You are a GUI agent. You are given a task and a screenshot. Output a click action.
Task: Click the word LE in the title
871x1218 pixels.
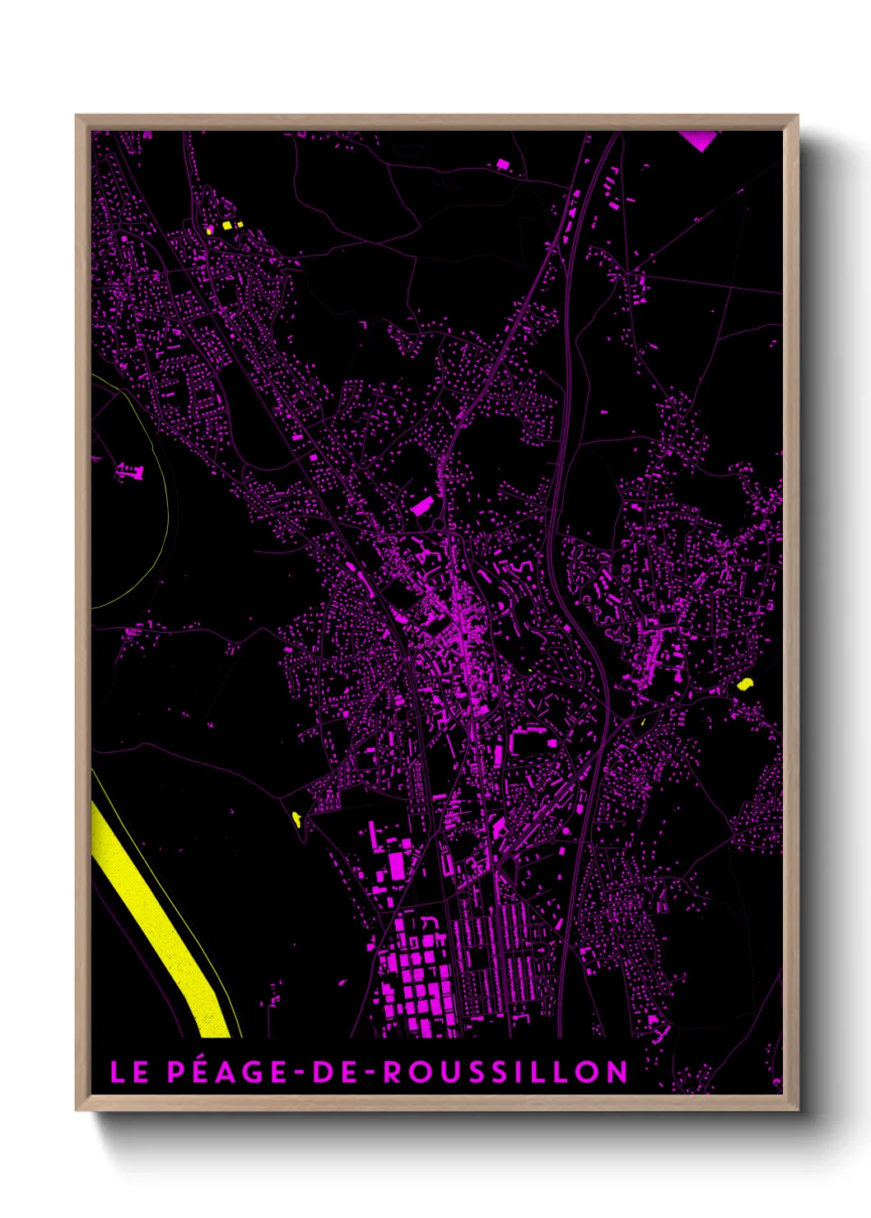point(128,1072)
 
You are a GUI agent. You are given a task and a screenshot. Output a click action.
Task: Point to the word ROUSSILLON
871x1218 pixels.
point(506,1072)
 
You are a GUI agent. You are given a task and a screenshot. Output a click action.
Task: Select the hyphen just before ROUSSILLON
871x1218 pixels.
point(372,1072)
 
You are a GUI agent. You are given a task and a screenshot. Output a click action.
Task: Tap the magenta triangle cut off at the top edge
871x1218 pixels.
point(699,139)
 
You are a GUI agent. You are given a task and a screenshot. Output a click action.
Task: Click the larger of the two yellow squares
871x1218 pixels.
point(226,224)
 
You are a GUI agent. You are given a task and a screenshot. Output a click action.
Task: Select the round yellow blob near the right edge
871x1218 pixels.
point(745,683)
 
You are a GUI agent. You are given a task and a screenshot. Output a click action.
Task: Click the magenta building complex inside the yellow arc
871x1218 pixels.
point(129,472)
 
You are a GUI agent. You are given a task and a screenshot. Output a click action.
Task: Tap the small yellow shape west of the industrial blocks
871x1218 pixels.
point(296,817)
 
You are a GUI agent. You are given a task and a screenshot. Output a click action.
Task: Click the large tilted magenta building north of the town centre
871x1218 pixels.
point(422,505)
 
